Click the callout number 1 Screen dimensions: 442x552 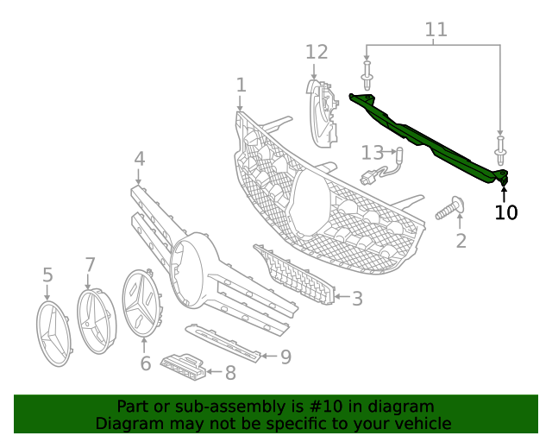pyautogui.click(x=241, y=85)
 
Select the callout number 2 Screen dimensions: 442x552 pyautogui.click(x=461, y=241)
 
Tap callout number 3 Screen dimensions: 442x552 pyautogui.click(x=356, y=299)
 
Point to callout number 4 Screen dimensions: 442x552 pyautogui.click(x=139, y=159)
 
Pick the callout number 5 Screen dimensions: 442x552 pyautogui.click(x=47, y=275)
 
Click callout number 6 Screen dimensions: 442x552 pyautogui.click(x=145, y=363)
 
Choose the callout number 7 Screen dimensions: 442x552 pyautogui.click(x=90, y=263)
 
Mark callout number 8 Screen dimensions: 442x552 pyautogui.click(x=229, y=373)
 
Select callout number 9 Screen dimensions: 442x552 pyautogui.click(x=285, y=356)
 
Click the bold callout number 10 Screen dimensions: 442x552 pyautogui.click(x=506, y=212)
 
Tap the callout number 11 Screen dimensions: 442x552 pyautogui.click(x=436, y=30)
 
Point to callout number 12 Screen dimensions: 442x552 pyautogui.click(x=317, y=52)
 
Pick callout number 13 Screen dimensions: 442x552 pyautogui.click(x=372, y=153)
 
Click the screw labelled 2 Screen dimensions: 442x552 pyautogui.click(x=450, y=208)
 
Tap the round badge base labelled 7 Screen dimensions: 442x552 pyautogui.click(x=97, y=321)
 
